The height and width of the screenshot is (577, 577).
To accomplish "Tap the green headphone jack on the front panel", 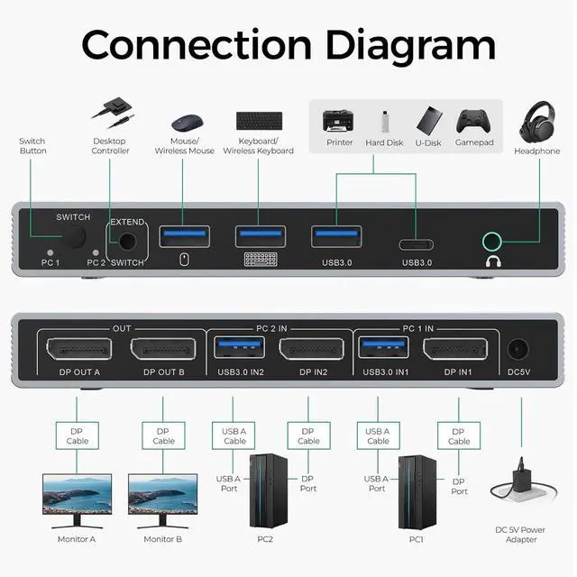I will [x=492, y=241].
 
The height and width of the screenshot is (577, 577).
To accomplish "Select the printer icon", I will [x=338, y=121].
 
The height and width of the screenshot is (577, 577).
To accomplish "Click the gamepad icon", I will [x=472, y=121].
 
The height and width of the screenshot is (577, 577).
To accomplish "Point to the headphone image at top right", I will [x=537, y=122].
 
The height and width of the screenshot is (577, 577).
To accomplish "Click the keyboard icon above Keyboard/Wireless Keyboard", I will [x=259, y=120].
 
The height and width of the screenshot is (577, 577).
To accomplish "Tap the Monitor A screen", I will [x=77, y=494].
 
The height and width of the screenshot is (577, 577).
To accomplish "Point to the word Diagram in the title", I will [x=393, y=44].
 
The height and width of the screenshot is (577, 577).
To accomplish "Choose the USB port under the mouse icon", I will [x=185, y=236].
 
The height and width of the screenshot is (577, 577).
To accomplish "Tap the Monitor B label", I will [x=163, y=539].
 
